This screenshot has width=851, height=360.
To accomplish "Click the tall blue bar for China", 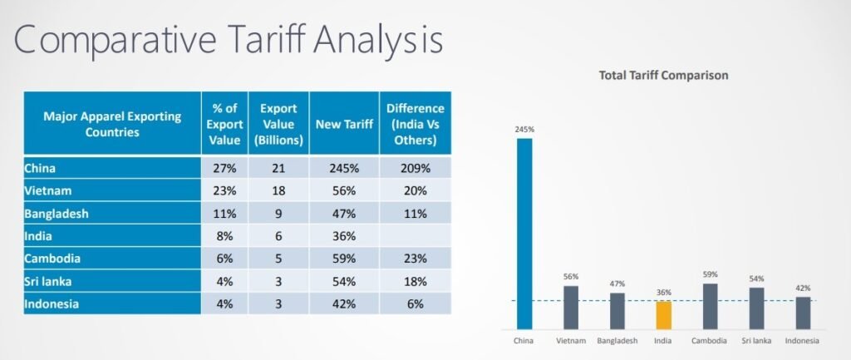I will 524,233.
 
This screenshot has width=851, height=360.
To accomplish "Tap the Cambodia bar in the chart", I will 711,306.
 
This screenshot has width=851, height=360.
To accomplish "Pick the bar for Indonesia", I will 803,312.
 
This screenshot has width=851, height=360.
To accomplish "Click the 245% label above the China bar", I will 524,130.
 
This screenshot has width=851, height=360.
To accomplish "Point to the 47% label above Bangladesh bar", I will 617,284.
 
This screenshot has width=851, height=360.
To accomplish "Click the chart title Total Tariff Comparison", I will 663,75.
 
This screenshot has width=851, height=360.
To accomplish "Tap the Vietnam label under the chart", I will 571,341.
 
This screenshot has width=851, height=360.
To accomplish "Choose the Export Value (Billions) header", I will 279,124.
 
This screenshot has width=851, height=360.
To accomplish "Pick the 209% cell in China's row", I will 415,168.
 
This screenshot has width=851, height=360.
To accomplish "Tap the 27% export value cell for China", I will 225,168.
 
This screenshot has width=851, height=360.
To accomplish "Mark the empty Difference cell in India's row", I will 415,236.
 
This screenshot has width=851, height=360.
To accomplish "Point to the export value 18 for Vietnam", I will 279,190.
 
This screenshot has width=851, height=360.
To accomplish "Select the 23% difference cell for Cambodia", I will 415,259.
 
